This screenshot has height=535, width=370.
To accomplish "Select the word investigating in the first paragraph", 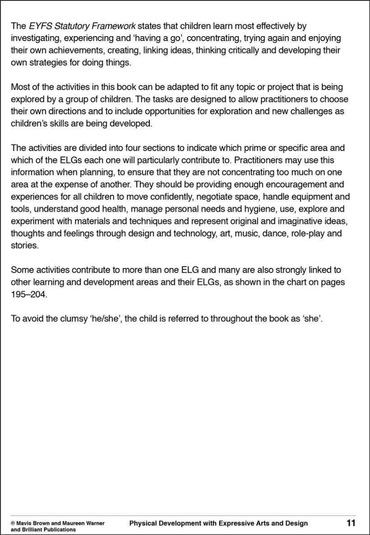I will click(x=37, y=38).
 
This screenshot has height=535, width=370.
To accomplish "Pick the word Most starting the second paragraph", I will click(x=19, y=87).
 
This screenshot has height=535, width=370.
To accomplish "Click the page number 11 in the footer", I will click(x=351, y=523).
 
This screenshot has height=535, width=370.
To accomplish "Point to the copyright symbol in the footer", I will click(x=13, y=523).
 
